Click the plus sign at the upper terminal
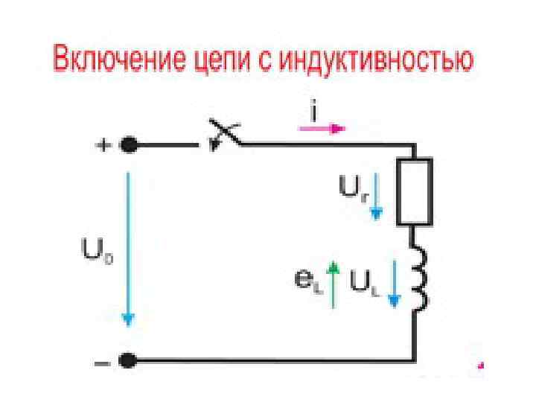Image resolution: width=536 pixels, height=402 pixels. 102,145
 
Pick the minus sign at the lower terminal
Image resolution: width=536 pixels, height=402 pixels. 102,362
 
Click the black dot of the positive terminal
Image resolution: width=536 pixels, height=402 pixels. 128,145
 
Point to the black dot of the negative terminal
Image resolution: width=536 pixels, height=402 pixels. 128,361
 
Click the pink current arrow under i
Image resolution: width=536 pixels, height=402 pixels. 322,129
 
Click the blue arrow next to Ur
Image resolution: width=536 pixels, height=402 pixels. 377,195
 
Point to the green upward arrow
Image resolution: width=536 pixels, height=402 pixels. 335,284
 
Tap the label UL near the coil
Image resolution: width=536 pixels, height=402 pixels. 365,284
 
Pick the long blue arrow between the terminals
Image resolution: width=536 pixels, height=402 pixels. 128,249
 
